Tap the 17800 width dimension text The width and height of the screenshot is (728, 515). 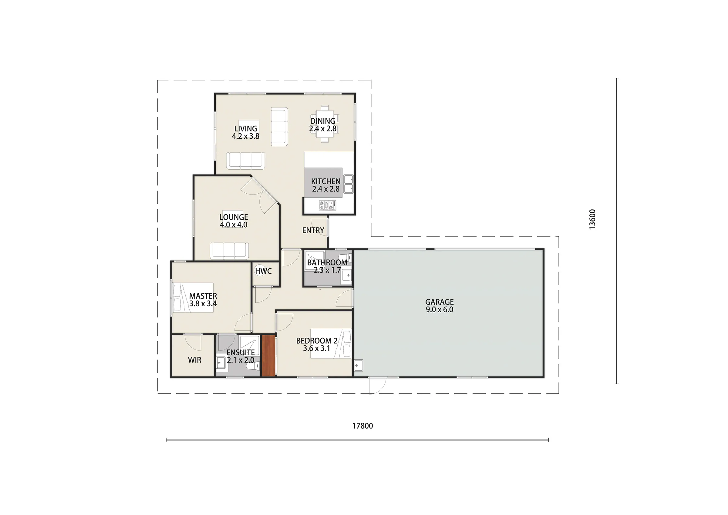pos(362,426)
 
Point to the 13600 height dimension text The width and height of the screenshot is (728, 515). pos(592,219)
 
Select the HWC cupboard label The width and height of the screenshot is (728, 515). pos(263,271)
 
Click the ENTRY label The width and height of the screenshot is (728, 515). pos(313,230)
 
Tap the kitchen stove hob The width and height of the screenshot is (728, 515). pos(327,205)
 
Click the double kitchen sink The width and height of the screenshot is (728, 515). pos(349,184)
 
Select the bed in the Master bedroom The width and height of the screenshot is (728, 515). pos(193,298)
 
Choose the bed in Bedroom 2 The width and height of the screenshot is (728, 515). pos(331,344)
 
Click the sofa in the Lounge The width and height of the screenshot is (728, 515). pos(230,251)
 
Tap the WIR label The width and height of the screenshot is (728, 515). pos(194,360)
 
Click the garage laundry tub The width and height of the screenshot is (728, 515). pos(358,366)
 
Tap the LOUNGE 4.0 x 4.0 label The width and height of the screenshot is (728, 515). pos(234,221)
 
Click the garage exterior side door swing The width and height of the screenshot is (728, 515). pos(377,385)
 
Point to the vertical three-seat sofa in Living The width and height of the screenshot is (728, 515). pos(279,126)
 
